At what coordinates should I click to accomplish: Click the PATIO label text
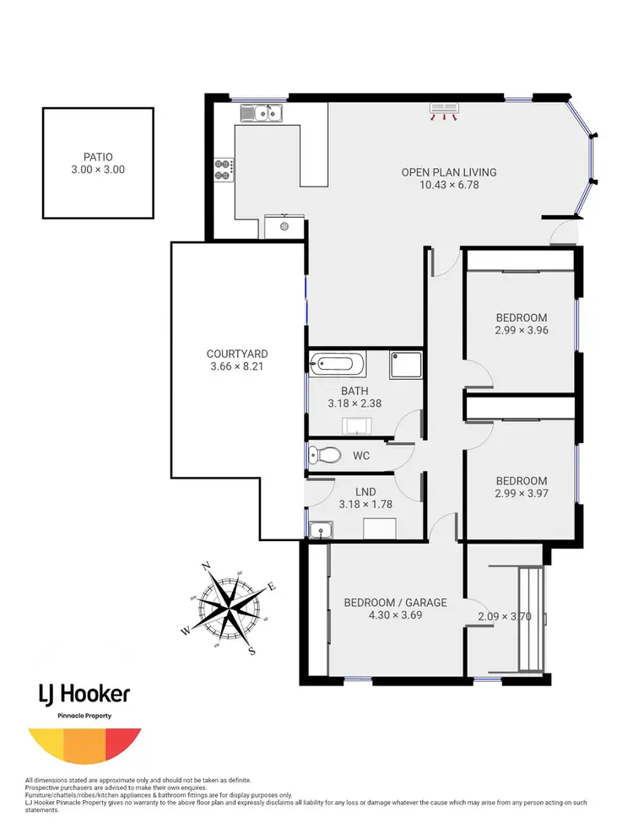coord(98,156)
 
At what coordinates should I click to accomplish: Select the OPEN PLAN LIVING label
coord(448,172)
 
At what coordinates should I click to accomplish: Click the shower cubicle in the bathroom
coord(405,365)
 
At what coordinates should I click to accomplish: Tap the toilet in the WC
coord(324,456)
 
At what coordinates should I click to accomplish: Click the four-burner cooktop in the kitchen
coord(224,170)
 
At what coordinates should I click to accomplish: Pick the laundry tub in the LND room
coord(320,530)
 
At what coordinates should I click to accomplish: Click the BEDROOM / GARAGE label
coord(395,603)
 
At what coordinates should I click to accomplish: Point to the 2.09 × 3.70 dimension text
coord(505,616)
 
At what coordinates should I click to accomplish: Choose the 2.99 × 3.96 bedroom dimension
coord(522,330)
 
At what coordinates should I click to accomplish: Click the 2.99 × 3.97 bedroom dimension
coord(522,493)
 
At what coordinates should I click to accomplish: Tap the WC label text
coord(361,456)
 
